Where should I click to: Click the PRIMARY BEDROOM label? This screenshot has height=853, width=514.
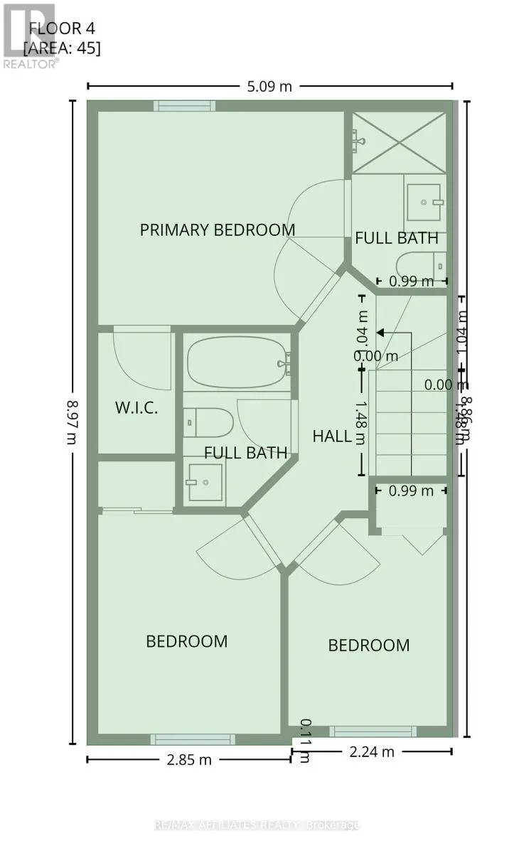(x=217, y=230)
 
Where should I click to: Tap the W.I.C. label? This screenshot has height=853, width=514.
(x=136, y=408)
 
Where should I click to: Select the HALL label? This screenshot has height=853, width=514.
(x=332, y=436)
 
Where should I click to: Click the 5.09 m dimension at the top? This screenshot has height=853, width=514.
(x=269, y=87)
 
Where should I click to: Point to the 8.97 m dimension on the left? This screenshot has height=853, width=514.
(x=71, y=421)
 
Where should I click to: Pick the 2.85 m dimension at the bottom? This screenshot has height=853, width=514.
(x=188, y=760)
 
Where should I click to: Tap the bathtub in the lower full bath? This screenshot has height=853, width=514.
(x=237, y=363)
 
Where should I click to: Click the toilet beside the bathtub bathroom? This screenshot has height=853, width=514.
(x=208, y=422)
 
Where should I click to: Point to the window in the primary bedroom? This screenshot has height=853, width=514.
(x=185, y=105)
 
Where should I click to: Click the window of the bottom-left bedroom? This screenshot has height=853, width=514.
(x=188, y=739)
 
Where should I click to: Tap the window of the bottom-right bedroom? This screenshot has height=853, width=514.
(x=373, y=731)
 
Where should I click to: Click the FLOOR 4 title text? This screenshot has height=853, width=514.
(x=62, y=29)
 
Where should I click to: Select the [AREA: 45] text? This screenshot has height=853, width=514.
(x=62, y=48)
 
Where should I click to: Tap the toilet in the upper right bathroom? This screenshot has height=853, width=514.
(x=421, y=264)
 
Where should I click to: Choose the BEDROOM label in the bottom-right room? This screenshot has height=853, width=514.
(x=368, y=645)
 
